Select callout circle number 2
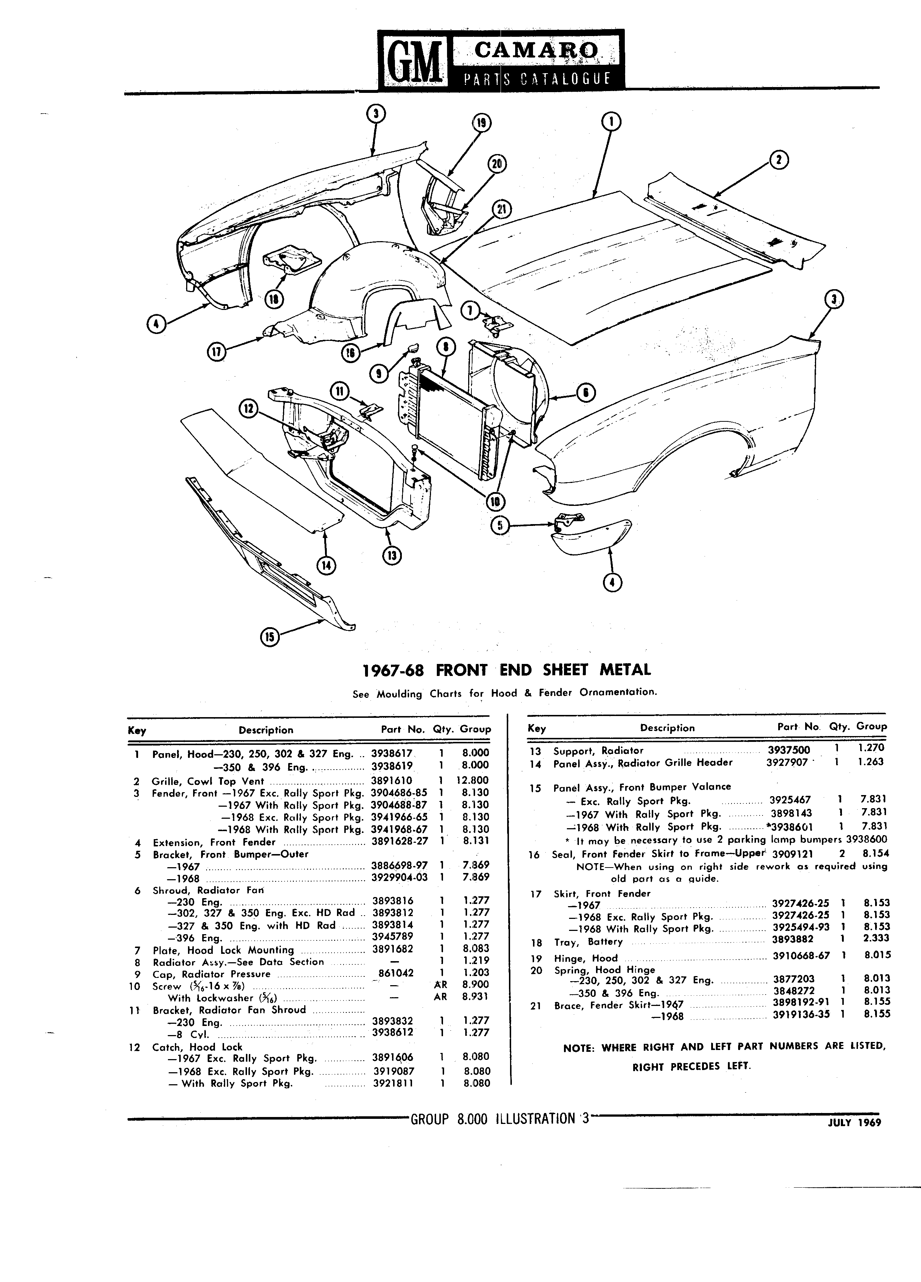coord(779,161)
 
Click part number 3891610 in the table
coord(392,780)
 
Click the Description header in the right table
coord(667,728)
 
